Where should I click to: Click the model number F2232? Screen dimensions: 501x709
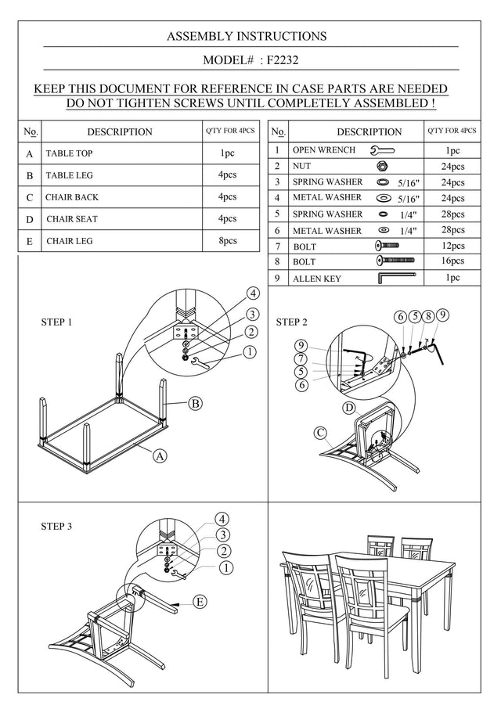coord(283,60)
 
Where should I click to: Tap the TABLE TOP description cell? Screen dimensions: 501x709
coord(121,153)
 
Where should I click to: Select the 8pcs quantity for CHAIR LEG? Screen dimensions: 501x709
coord(228,240)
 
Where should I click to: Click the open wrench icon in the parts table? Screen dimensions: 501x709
coord(382,150)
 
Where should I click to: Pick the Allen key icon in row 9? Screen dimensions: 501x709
coord(396,277)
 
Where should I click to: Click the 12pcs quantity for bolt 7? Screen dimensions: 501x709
coord(452,246)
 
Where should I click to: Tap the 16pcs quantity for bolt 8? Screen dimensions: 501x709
coord(452,261)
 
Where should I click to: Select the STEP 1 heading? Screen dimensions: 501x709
coord(56,322)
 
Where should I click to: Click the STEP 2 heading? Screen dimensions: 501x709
coord(292,322)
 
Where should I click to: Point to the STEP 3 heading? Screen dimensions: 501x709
coord(56,527)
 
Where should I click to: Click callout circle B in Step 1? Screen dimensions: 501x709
coord(196,403)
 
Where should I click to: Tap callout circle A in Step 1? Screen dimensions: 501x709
coord(160,455)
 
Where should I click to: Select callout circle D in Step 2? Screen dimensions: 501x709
coord(349,408)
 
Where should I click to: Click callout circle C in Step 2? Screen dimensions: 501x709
coord(321,434)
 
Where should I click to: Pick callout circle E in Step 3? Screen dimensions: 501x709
coord(200,602)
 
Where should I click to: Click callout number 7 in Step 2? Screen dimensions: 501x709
coord(302,359)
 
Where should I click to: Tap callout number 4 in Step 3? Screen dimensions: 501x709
coord(222,519)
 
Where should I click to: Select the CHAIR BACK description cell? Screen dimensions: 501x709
coord(121,197)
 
